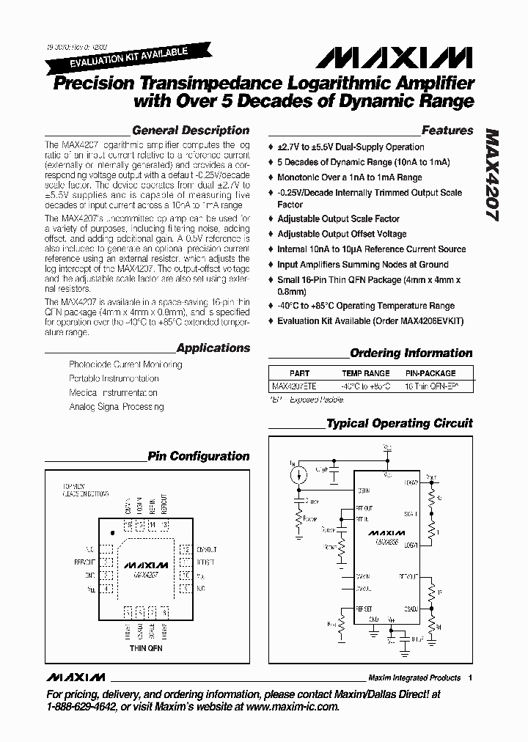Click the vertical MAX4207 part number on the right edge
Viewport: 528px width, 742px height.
[x=493, y=176]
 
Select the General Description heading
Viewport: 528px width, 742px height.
[x=191, y=131]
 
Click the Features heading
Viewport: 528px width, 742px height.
[x=447, y=131]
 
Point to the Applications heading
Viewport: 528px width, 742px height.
[x=213, y=348]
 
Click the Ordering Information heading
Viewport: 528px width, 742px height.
[x=411, y=353]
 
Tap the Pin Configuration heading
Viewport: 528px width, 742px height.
[x=199, y=456]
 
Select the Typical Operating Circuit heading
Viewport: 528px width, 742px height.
[x=400, y=423]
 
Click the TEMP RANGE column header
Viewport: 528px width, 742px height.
[x=366, y=372]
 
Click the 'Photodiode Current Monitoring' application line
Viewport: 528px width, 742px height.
[x=125, y=364]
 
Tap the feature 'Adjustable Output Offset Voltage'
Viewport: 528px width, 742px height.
[x=342, y=234]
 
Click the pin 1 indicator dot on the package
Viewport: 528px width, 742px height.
[x=111, y=532]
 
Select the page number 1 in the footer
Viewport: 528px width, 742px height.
[x=469, y=677]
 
